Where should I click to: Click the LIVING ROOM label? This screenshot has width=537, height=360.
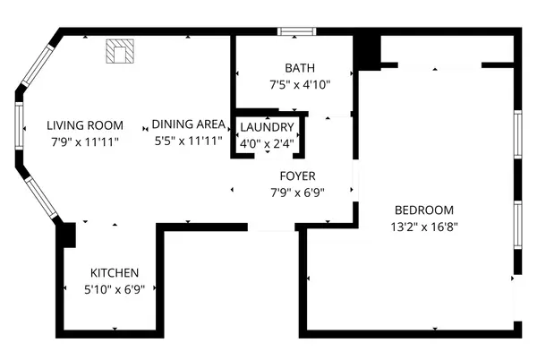85,125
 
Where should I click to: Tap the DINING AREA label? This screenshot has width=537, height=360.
187,125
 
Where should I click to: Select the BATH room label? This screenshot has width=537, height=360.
300,69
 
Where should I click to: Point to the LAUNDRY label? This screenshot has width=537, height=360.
267,127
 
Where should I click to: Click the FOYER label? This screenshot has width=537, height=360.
297,176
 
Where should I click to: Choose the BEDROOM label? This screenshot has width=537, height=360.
424,210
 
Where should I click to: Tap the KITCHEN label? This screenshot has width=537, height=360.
115,272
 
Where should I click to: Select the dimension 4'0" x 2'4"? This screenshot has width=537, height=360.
267,142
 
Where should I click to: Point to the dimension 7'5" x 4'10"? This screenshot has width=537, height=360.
300,85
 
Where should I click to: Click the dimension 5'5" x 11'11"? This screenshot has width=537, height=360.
187,141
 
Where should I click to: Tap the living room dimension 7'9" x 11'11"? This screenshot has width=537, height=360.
85,141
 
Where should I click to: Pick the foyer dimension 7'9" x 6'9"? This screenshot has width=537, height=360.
297,192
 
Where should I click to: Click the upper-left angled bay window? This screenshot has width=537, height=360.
37,65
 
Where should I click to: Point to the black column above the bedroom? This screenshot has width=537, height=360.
366,52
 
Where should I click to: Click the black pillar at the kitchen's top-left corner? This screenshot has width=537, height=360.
64,233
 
